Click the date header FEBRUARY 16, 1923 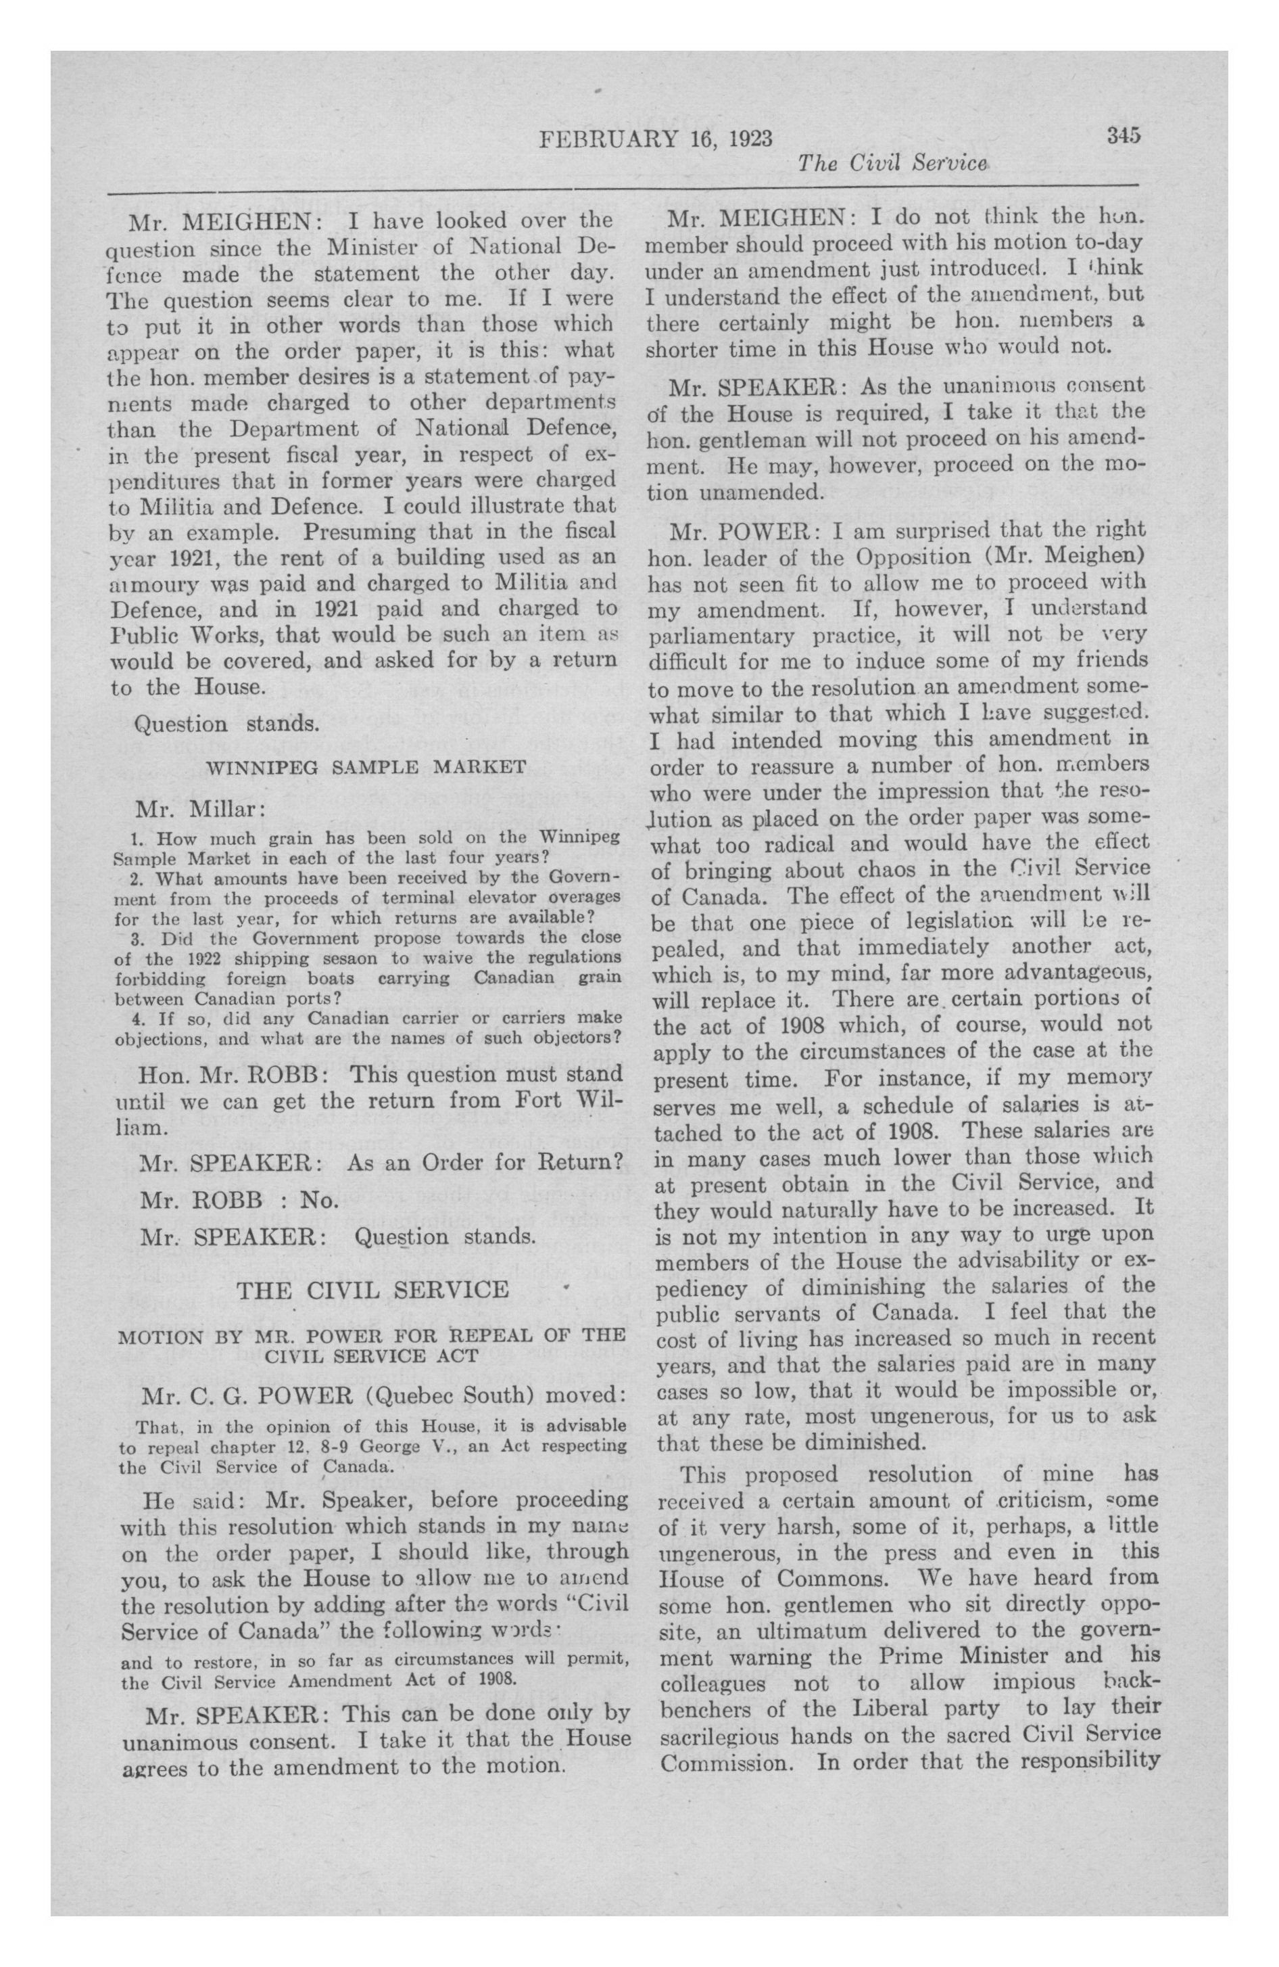pyautogui.click(x=655, y=139)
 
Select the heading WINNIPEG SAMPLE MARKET pyautogui.click(x=365, y=767)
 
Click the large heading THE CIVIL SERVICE pyautogui.click(x=372, y=1290)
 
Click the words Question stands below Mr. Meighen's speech pyautogui.click(x=226, y=724)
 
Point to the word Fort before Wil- pyautogui.click(x=520, y=1101)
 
